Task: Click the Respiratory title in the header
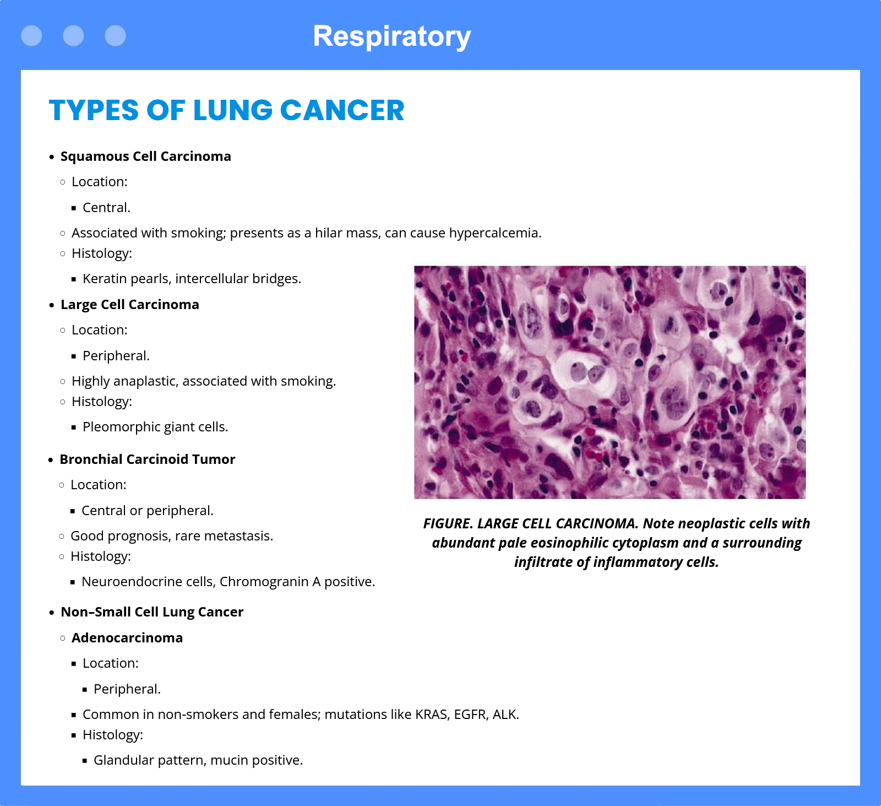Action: pos(391,37)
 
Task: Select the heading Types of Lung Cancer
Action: pos(227,110)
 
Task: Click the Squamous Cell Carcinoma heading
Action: pos(146,156)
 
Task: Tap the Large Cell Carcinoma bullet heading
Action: pos(130,305)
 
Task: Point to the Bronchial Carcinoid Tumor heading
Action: pos(148,459)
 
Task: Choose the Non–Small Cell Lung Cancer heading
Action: pos(152,612)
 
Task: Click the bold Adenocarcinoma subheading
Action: pos(127,638)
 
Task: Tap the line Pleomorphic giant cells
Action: pos(155,427)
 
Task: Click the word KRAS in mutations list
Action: pos(432,715)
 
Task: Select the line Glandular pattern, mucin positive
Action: pos(198,760)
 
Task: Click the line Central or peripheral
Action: pos(148,511)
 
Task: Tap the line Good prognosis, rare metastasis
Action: pos(172,536)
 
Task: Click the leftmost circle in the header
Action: pos(31,36)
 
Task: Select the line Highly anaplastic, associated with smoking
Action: pos(204,381)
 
